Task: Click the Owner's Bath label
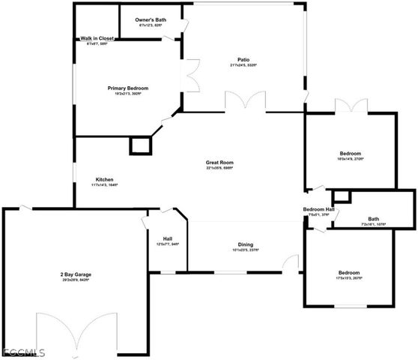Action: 151,19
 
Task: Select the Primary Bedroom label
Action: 129,87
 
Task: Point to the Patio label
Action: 243,58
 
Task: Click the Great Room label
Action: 220,162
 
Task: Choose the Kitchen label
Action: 105,179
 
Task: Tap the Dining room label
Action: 245,244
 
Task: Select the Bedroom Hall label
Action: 318,209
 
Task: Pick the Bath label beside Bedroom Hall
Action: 373,219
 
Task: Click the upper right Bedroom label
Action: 349,152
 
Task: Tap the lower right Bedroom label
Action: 348,272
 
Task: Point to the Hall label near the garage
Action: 168,238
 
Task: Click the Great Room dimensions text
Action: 220,168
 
